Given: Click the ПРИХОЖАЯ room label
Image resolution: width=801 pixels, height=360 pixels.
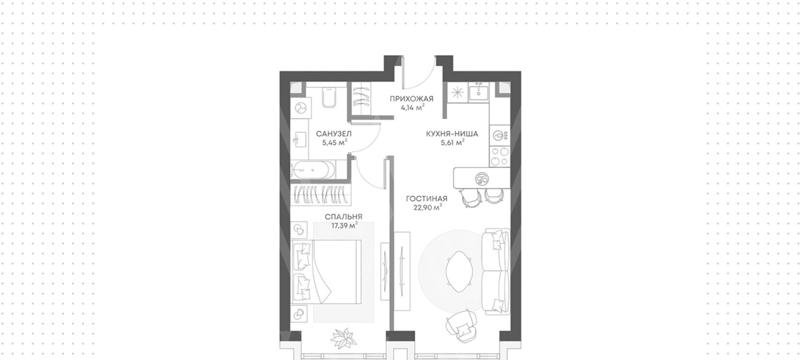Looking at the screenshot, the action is [x=411, y=99].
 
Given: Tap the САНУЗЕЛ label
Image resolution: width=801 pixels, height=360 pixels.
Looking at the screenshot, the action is [x=334, y=134].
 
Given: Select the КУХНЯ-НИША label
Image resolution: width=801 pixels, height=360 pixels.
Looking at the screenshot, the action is [x=452, y=134].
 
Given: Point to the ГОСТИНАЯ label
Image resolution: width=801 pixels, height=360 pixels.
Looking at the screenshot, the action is [x=427, y=198].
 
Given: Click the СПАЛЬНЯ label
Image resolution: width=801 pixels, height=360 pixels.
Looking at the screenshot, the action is [x=344, y=217].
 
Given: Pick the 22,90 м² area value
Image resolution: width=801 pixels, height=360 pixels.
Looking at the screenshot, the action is [x=427, y=208].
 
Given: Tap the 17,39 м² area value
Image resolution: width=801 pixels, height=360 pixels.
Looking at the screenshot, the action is [x=345, y=226].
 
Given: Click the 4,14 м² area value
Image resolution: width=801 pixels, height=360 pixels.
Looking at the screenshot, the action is [x=412, y=107].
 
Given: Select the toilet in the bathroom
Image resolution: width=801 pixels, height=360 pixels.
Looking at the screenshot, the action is [x=329, y=97].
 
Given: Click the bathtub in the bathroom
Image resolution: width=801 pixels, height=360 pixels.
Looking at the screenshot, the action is [x=314, y=170].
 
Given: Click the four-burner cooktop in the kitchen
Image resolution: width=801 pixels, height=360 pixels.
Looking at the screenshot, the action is [x=499, y=157].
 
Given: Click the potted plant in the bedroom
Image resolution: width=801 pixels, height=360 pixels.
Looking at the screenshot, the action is [x=344, y=338].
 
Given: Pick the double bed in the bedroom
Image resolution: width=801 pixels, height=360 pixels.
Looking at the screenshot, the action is [x=327, y=272].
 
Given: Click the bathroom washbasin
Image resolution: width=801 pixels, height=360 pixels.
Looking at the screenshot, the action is [x=299, y=140].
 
